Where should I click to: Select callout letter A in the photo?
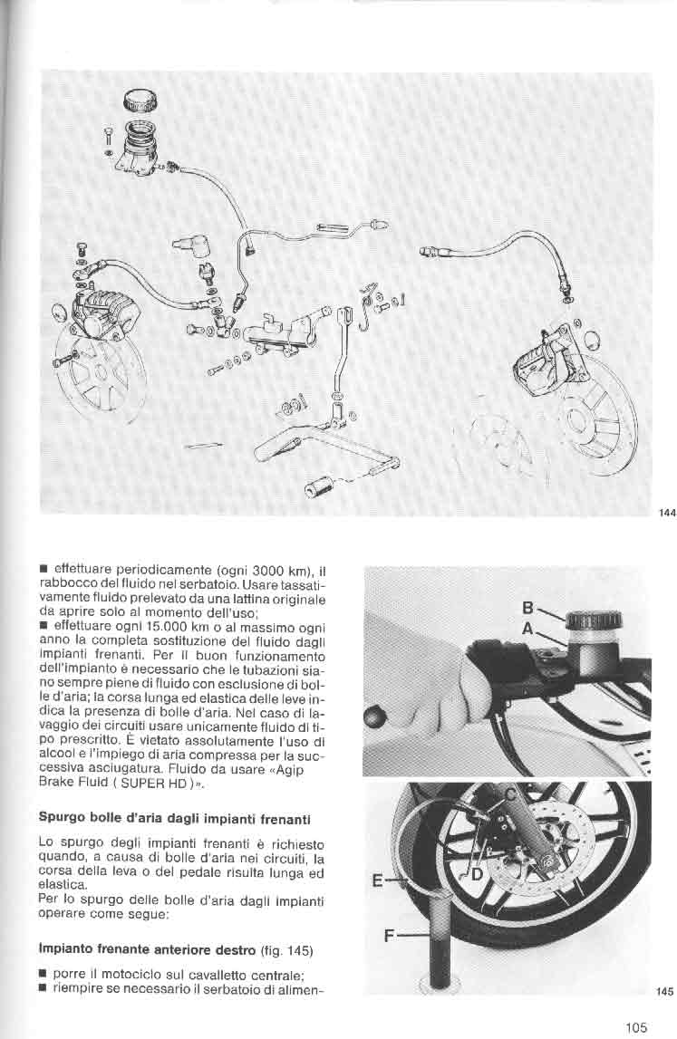click(527, 627)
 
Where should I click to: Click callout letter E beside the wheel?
click(378, 878)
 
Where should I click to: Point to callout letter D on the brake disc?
click(476, 875)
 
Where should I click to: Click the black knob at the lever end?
click(373, 718)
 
